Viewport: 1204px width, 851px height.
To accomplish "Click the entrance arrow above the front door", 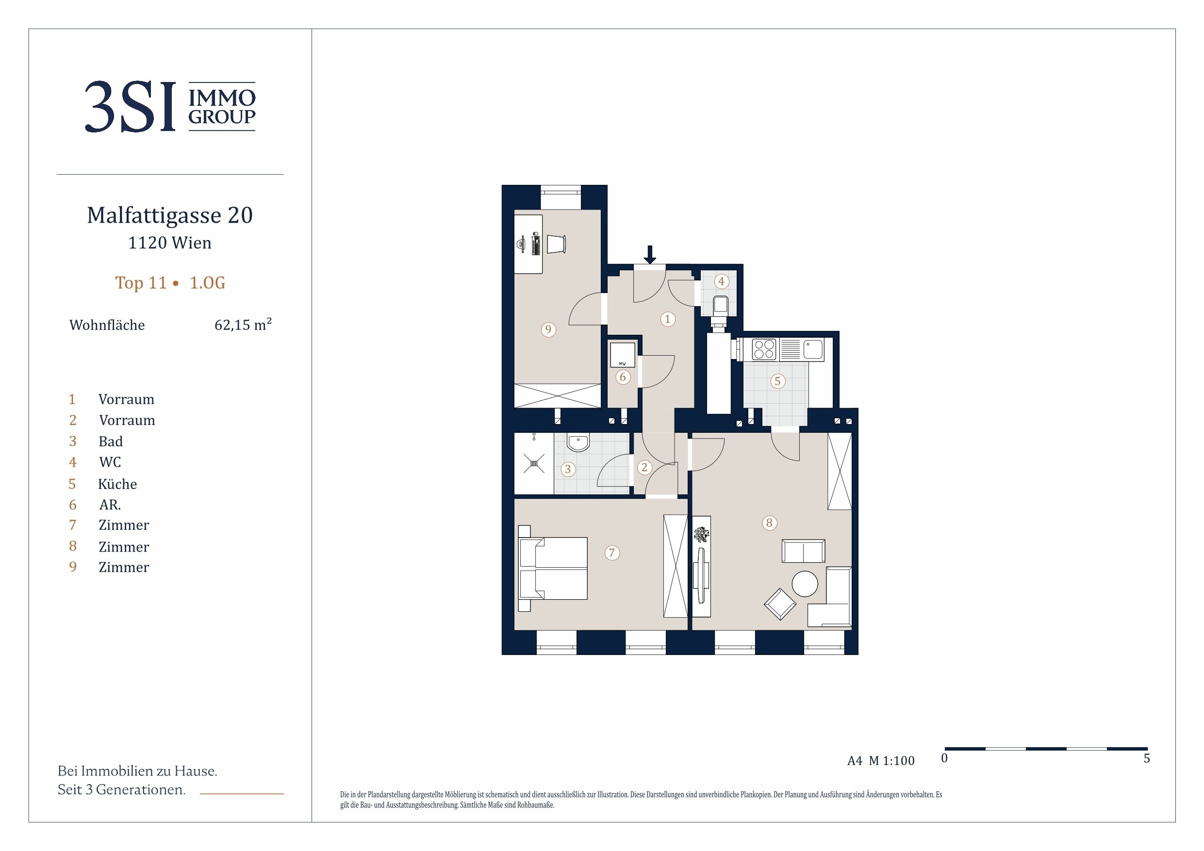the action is (x=650, y=255).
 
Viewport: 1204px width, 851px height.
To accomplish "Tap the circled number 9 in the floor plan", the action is (x=548, y=329).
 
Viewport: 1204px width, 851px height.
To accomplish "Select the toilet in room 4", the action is (x=721, y=306).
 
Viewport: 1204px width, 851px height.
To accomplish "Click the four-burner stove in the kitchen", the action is (x=764, y=350).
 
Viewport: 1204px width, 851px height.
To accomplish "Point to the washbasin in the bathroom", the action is (x=578, y=442).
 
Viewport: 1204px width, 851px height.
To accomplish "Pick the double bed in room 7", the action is (x=553, y=568).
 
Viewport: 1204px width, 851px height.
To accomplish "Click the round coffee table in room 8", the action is (x=805, y=584).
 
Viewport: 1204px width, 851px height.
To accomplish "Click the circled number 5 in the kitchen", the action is (x=777, y=381).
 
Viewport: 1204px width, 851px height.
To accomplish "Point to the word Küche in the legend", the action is (x=117, y=483).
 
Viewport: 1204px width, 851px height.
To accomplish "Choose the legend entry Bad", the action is (x=111, y=441).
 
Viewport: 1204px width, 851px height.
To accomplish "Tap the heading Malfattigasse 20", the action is (x=170, y=215).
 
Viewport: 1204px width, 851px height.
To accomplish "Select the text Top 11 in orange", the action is (x=141, y=283).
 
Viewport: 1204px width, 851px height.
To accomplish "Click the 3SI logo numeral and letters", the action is (x=130, y=106).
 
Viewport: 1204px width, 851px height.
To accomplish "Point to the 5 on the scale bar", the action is (x=1146, y=758).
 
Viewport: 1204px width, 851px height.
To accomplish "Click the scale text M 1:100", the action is (x=891, y=760).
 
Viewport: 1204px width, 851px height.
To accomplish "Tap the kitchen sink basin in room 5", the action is (x=813, y=350).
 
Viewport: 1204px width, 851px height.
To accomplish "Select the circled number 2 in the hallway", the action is (x=644, y=467).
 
